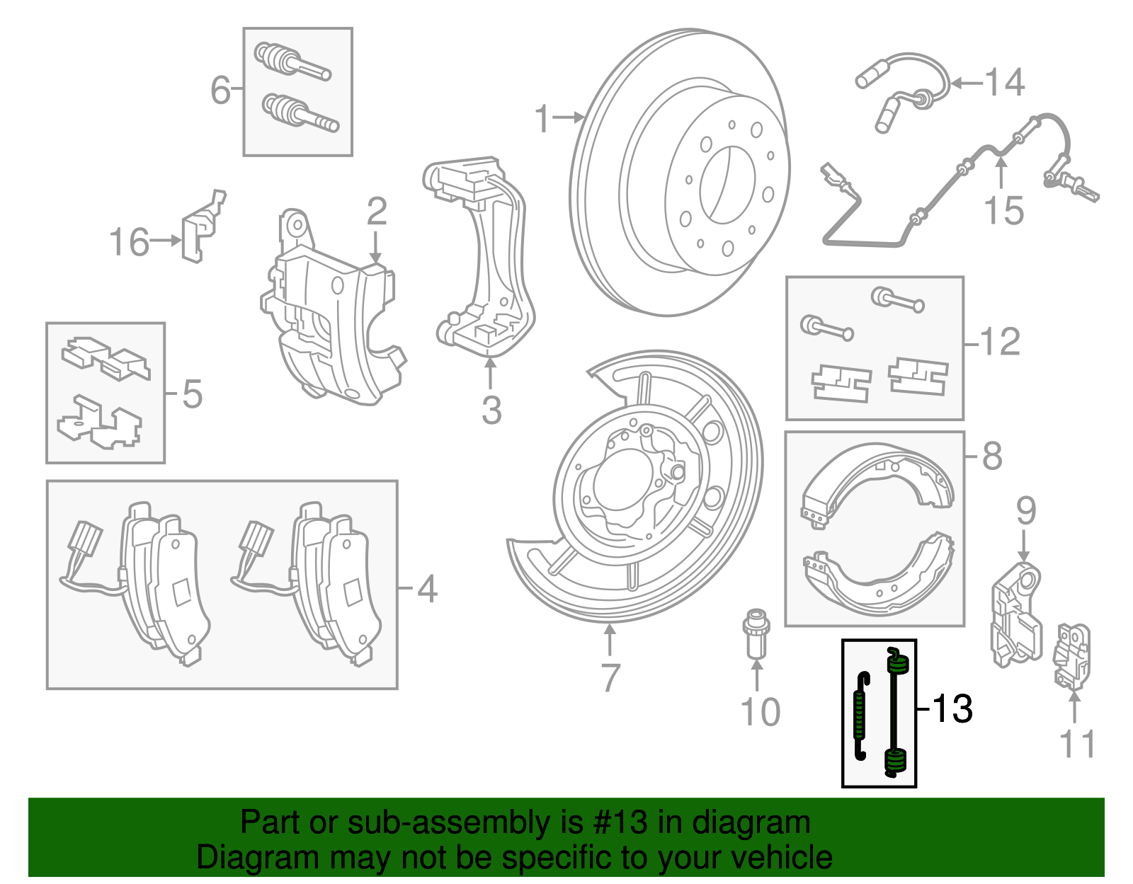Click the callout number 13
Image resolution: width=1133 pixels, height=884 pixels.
(952, 708)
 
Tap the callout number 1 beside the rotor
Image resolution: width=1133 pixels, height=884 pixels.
(542, 119)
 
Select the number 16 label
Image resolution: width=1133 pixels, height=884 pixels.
(129, 242)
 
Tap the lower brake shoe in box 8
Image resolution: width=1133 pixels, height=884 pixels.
(878, 566)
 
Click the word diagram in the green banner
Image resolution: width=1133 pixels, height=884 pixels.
(751, 822)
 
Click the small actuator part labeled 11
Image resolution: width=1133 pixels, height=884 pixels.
(1072, 655)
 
